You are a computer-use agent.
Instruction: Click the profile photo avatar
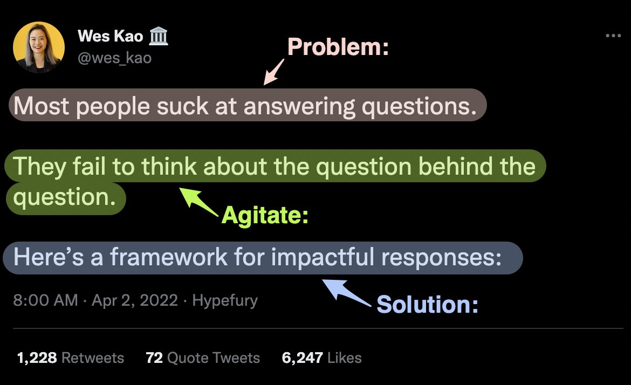39,48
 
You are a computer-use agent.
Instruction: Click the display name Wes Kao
110,37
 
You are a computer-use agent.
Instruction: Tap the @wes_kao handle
115,58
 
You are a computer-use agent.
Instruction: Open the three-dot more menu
613,36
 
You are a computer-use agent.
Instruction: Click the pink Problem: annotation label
338,48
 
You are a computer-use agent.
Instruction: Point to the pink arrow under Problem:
273,72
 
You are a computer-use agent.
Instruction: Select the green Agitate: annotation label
265,216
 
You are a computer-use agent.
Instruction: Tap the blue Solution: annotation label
427,305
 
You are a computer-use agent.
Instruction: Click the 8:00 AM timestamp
45,300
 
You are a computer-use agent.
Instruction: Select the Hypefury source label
225,300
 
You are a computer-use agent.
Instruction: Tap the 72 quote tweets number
154,357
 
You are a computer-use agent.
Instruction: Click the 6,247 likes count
303,357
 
